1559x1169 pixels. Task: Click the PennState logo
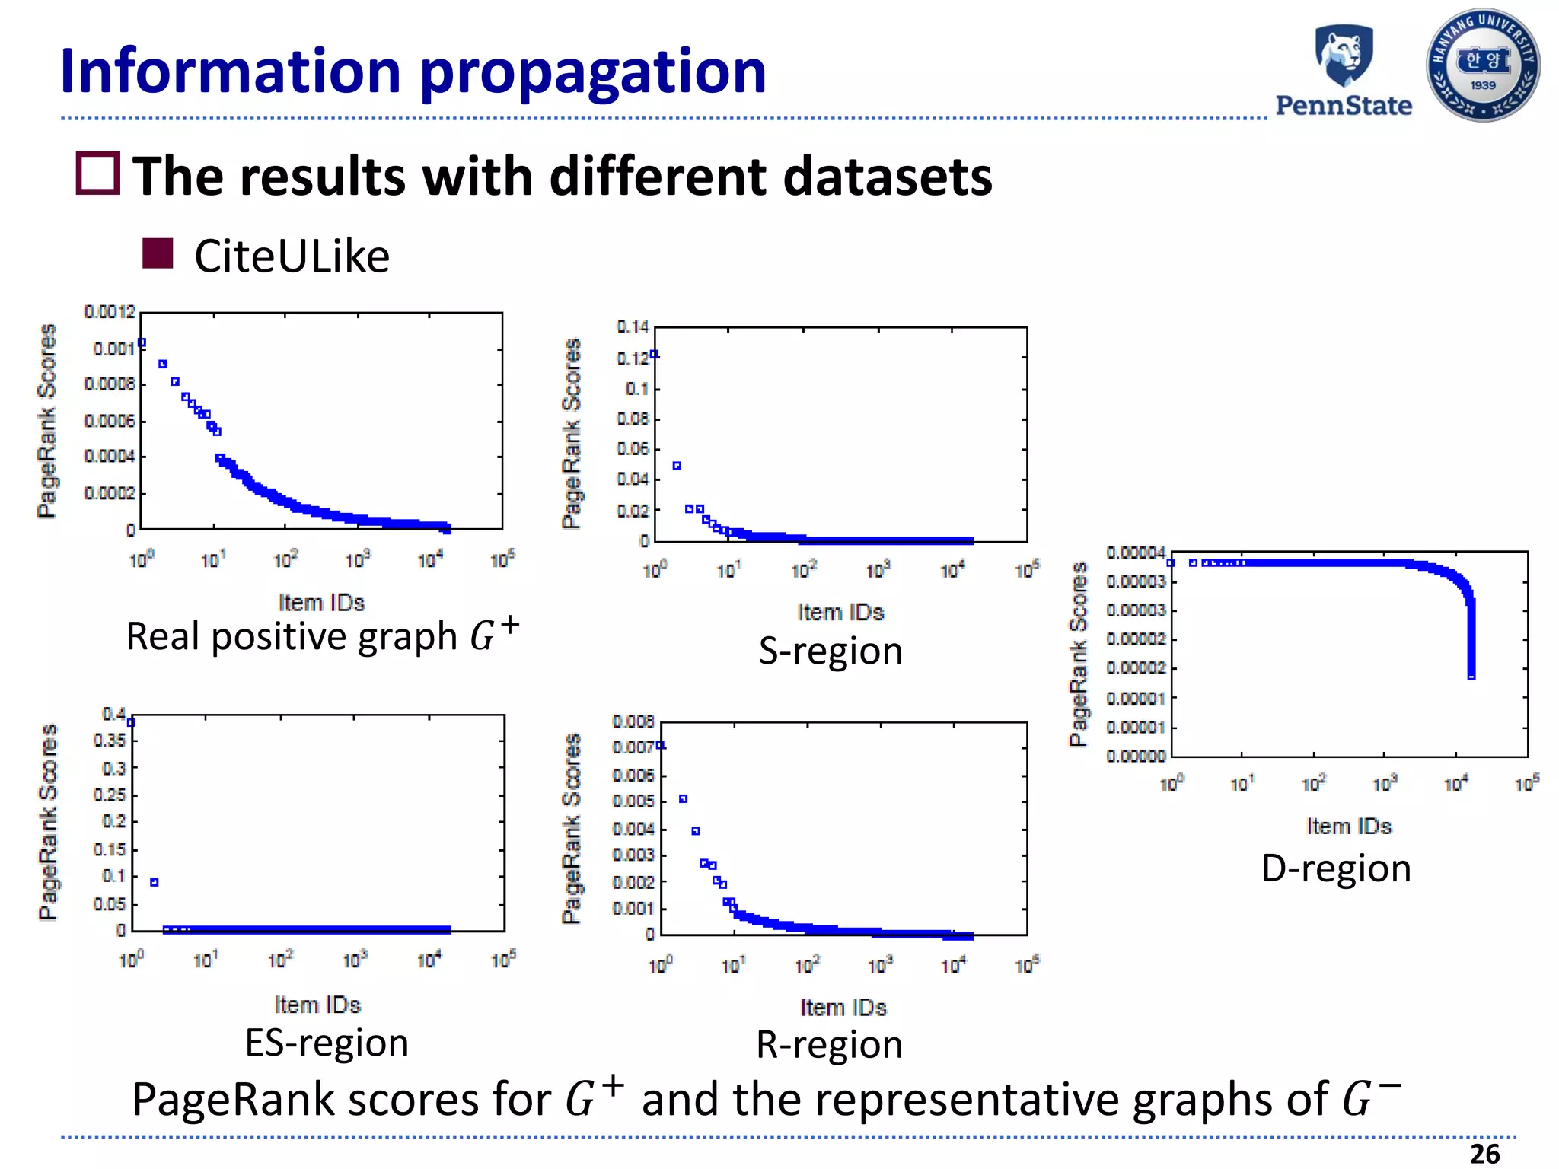pos(1344,71)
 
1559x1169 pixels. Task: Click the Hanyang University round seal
pos(1483,65)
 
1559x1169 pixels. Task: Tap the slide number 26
pos(1484,1154)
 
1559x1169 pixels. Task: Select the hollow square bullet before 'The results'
pos(97,174)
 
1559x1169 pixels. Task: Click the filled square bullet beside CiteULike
pos(158,253)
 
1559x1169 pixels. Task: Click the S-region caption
pos(831,651)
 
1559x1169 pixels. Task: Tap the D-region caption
pos(1336,868)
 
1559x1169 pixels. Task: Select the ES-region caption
pos(327,1043)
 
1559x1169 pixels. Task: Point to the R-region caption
pos(829,1045)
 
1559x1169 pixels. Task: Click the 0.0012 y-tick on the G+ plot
pos(110,312)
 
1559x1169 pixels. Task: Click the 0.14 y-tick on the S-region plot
pos(633,327)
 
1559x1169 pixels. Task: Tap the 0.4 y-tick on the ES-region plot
pos(114,714)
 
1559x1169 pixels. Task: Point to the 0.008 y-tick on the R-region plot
pos(633,721)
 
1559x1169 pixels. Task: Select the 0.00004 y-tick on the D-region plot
pos(1135,553)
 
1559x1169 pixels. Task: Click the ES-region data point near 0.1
pos(155,882)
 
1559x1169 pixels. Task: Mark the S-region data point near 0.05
pos(677,466)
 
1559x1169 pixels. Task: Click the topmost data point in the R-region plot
pos(660,745)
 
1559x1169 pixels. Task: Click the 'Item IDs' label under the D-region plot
pos(1349,826)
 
